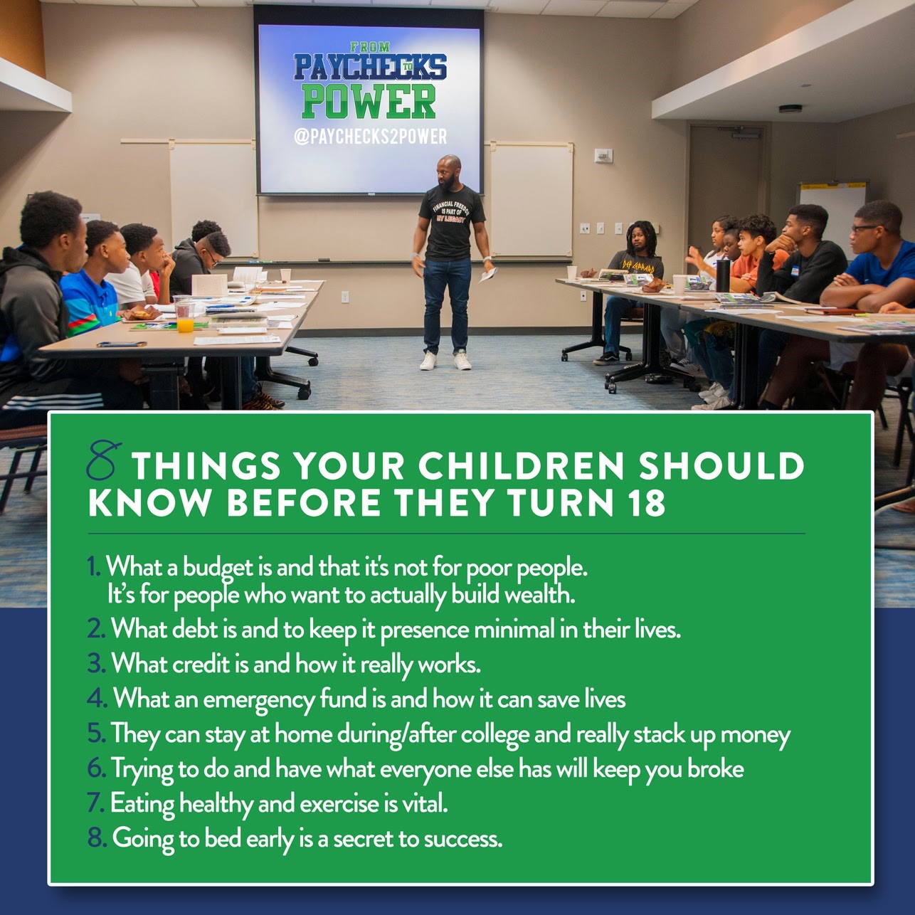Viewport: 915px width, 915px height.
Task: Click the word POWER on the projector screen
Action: [369, 102]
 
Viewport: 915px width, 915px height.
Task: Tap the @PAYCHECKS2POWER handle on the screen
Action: [371, 137]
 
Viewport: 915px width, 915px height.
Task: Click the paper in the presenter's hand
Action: [488, 274]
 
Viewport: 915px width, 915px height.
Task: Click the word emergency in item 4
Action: [258, 701]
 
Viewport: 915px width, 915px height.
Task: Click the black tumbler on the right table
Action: [722, 276]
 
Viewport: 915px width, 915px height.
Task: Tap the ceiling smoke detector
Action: [790, 108]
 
